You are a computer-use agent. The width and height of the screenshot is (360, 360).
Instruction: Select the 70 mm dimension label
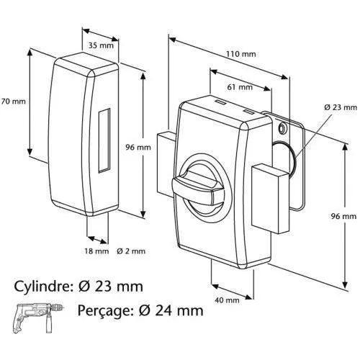click(14, 102)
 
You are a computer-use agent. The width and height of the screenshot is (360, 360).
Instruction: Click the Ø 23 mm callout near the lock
click(340, 107)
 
